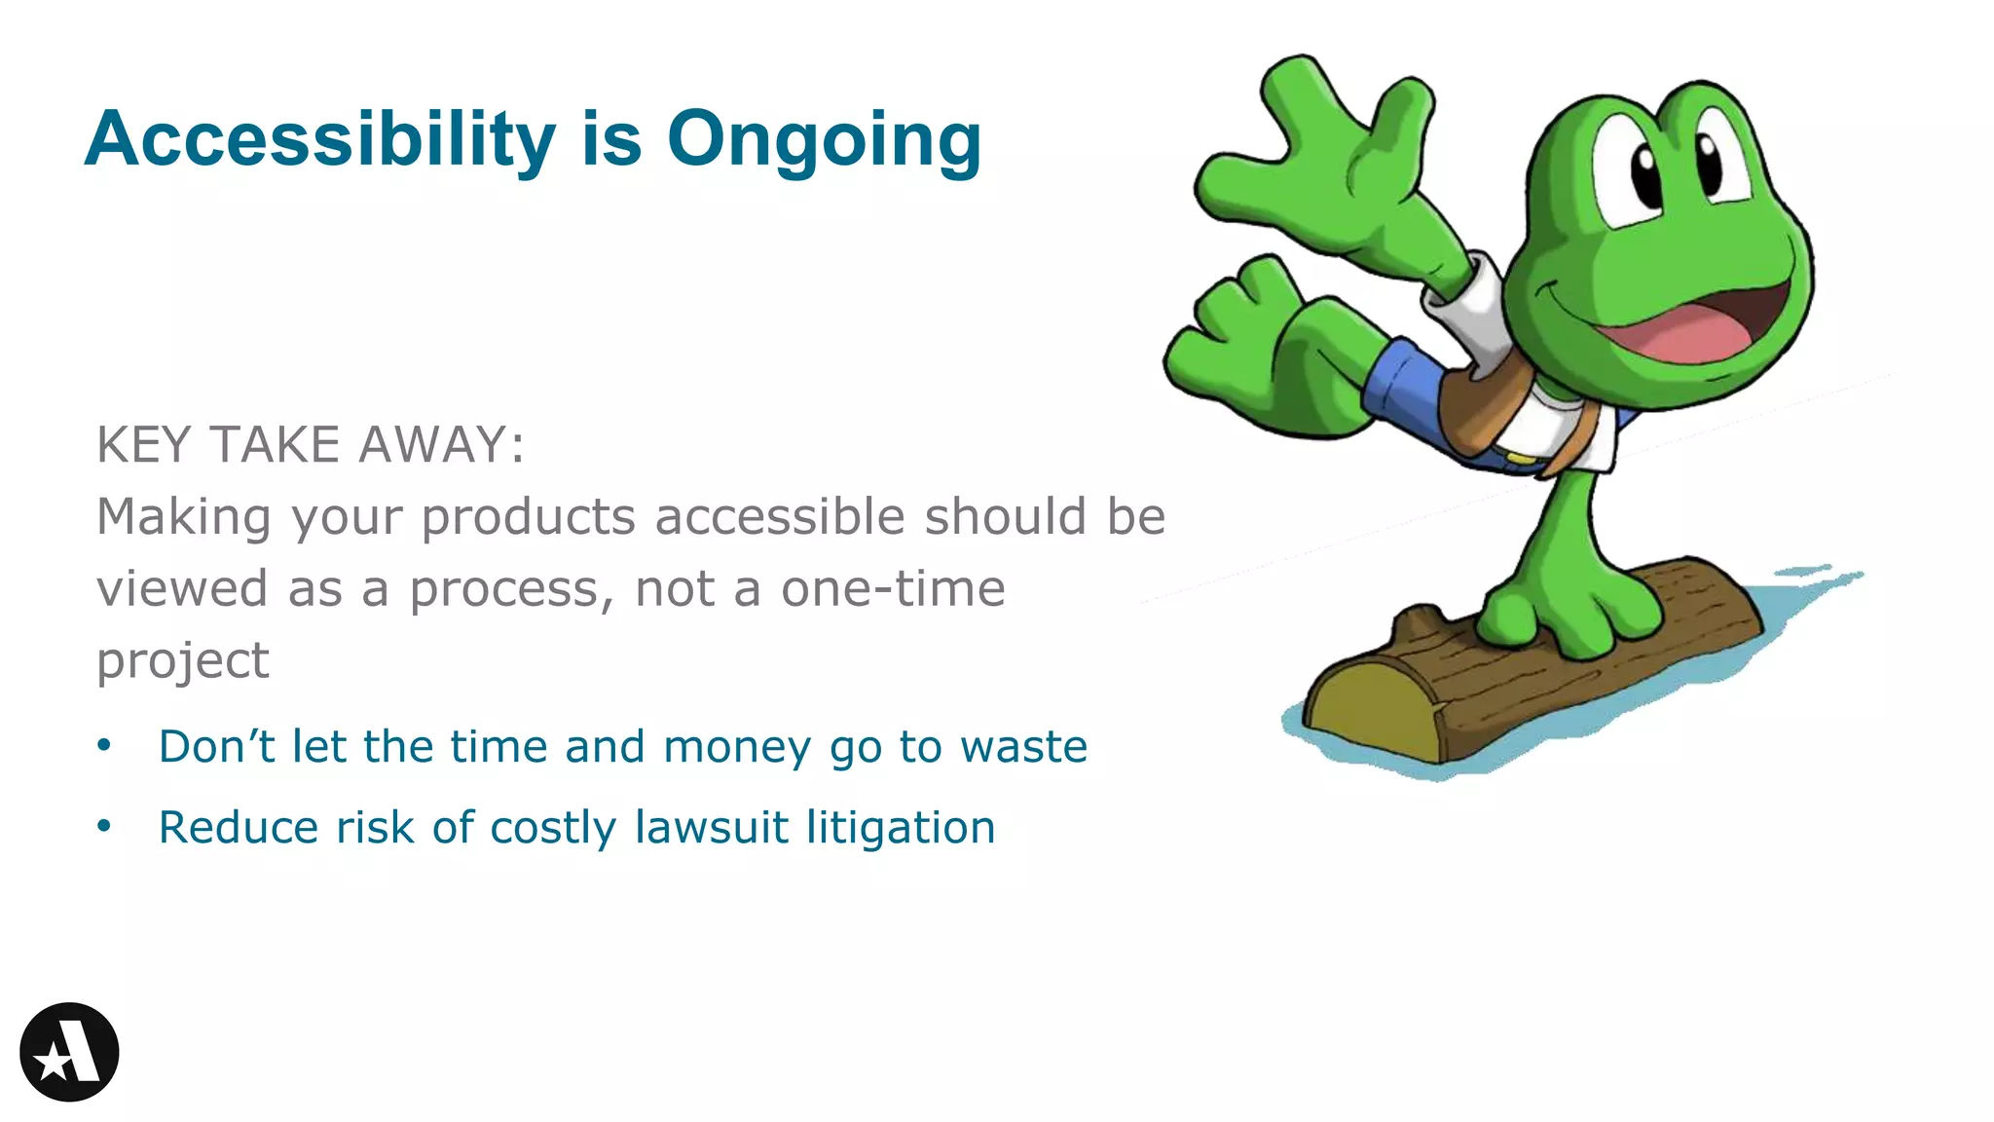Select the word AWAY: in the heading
click(x=441, y=445)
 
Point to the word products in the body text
click(x=528, y=517)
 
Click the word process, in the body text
click(x=511, y=590)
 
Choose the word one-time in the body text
click(x=893, y=588)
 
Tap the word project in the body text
click(x=183, y=662)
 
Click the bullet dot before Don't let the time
click(x=104, y=746)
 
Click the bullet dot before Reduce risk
click(x=104, y=827)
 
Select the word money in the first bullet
click(x=736, y=747)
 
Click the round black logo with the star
click(x=69, y=1052)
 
